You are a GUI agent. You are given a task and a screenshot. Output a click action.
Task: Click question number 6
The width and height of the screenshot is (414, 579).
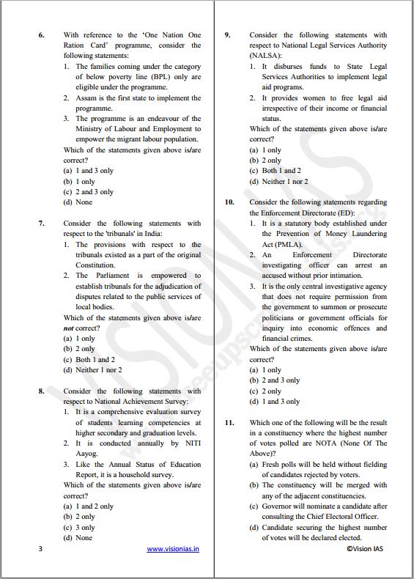coord(41,35)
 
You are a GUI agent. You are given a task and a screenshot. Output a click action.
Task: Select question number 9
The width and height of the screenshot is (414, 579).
coord(228,35)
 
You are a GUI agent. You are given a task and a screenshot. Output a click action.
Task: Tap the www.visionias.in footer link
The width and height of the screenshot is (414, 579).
coord(172,548)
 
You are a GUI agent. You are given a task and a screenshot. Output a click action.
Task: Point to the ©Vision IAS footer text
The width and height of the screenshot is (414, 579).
coord(364,548)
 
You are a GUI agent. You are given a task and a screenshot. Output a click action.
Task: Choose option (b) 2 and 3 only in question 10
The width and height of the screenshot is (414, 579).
coord(275,381)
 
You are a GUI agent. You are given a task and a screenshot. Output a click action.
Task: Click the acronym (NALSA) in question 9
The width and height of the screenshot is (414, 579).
coord(268,56)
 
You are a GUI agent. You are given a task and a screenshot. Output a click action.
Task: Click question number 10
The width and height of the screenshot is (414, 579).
coord(229,202)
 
